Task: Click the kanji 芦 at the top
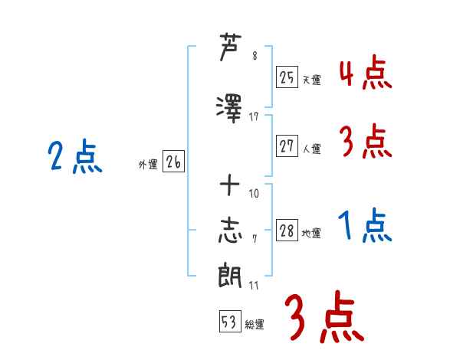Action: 231,47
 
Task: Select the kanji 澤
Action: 229,109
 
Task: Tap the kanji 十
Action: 230,185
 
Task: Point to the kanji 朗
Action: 230,275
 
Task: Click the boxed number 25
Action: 287,77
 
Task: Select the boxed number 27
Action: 287,146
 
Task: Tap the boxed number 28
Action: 287,230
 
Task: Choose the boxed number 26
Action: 173,162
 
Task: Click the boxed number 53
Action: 230,321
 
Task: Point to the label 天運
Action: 312,80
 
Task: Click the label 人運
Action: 312,149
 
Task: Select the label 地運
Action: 311,233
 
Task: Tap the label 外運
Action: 148,165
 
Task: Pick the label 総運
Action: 255,325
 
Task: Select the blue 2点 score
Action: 75,156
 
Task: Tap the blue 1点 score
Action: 365,225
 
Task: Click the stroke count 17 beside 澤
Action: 254,117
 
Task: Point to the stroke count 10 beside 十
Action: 254,193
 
